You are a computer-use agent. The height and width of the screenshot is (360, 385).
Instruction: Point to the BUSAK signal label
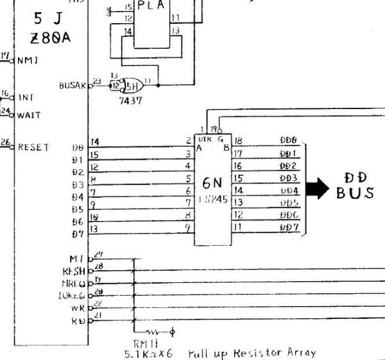(71, 85)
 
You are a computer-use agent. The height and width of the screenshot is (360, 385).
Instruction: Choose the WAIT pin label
(29, 116)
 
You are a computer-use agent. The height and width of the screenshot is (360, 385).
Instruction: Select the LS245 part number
(212, 200)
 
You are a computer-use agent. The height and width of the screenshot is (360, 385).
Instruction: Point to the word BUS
(355, 193)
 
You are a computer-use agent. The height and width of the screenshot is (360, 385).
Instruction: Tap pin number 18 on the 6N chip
(238, 141)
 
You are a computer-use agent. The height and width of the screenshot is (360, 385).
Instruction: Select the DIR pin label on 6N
(205, 139)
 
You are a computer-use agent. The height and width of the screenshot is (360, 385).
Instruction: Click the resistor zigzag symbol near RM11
(156, 332)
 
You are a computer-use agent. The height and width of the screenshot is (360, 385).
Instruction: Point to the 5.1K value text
(137, 353)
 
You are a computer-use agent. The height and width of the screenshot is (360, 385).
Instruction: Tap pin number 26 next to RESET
(6, 143)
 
